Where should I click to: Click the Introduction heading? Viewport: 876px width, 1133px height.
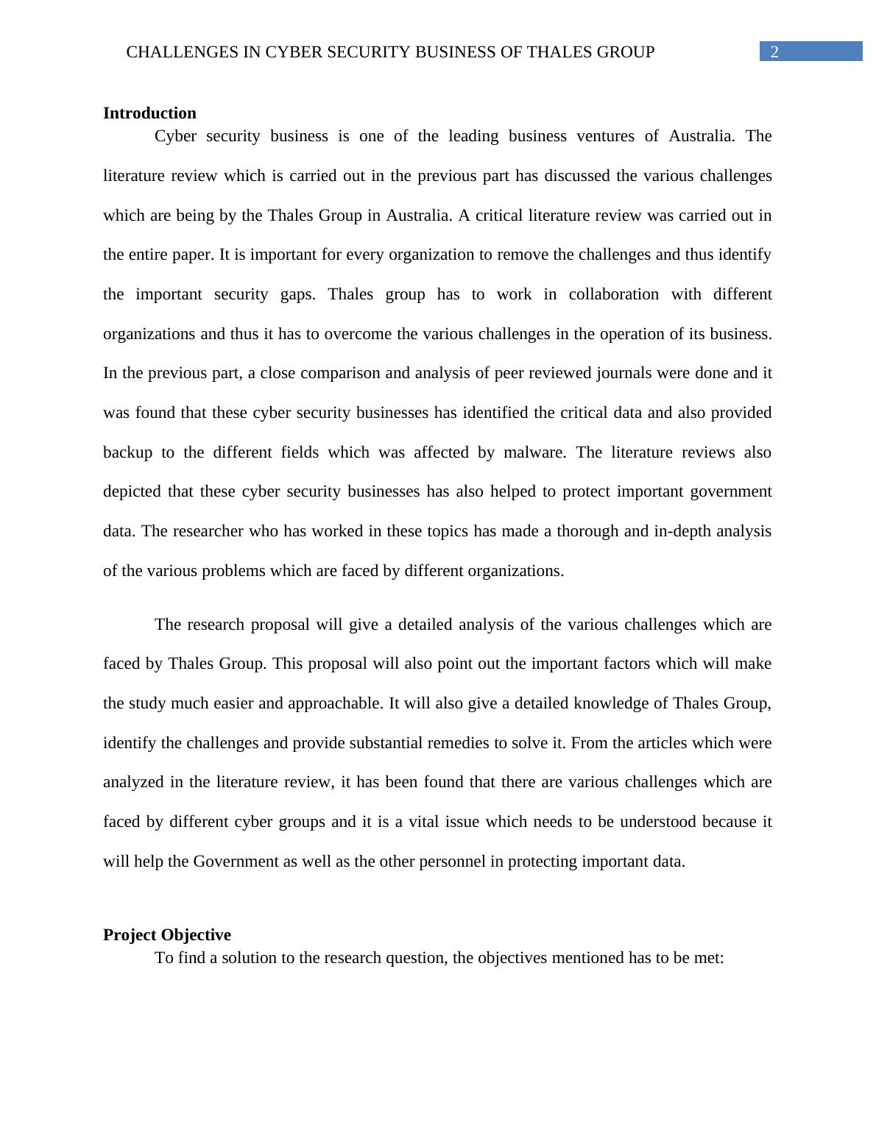tap(149, 113)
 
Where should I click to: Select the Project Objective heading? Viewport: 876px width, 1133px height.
tap(167, 935)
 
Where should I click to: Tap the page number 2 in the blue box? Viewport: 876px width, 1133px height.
tap(774, 52)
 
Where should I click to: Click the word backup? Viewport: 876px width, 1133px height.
tap(127, 452)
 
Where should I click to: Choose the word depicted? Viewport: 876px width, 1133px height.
tap(133, 491)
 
